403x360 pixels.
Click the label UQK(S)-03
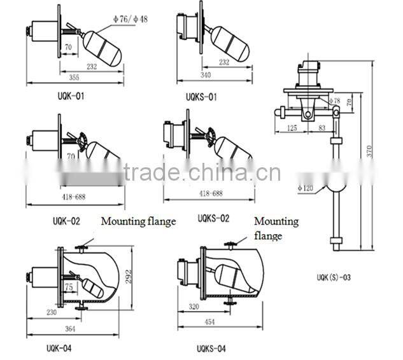(x=333, y=277)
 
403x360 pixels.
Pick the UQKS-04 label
(x=210, y=348)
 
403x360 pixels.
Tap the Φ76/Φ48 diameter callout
(x=130, y=20)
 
